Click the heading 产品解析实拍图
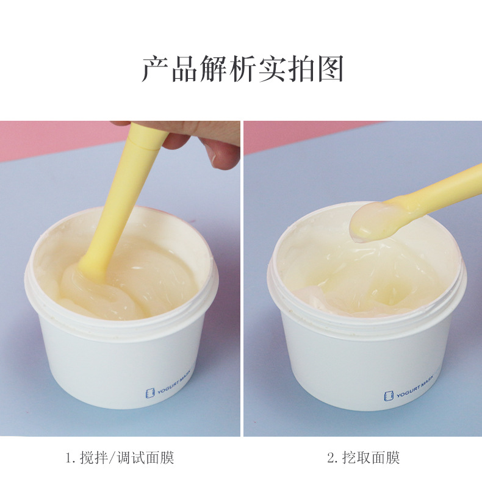coord(242,69)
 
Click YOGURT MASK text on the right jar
coord(415,391)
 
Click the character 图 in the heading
coord(330,69)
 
